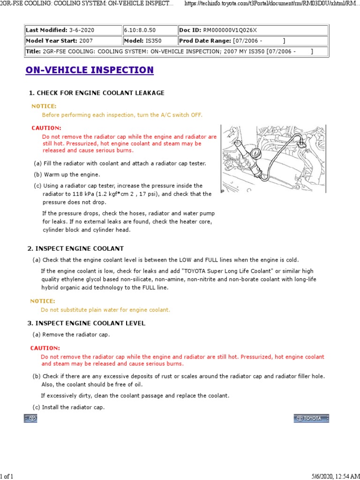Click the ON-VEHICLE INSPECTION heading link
pyautogui.click(x=90, y=70)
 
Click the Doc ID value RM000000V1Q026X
pyautogui.click(x=230, y=30)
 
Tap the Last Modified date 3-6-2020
pyautogui.click(x=86, y=30)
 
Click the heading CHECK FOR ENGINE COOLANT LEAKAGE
pyautogui.click(x=100, y=93)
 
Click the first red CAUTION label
pyautogui.click(x=46, y=128)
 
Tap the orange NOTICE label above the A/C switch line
pyautogui.click(x=44, y=106)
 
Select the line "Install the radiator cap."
pyautogui.click(x=73, y=407)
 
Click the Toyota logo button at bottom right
pyautogui.click(x=311, y=418)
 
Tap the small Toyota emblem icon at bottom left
pyautogui.click(x=30, y=418)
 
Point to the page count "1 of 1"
pyautogui.click(x=7, y=477)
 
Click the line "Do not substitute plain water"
pyautogui.click(x=105, y=310)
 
